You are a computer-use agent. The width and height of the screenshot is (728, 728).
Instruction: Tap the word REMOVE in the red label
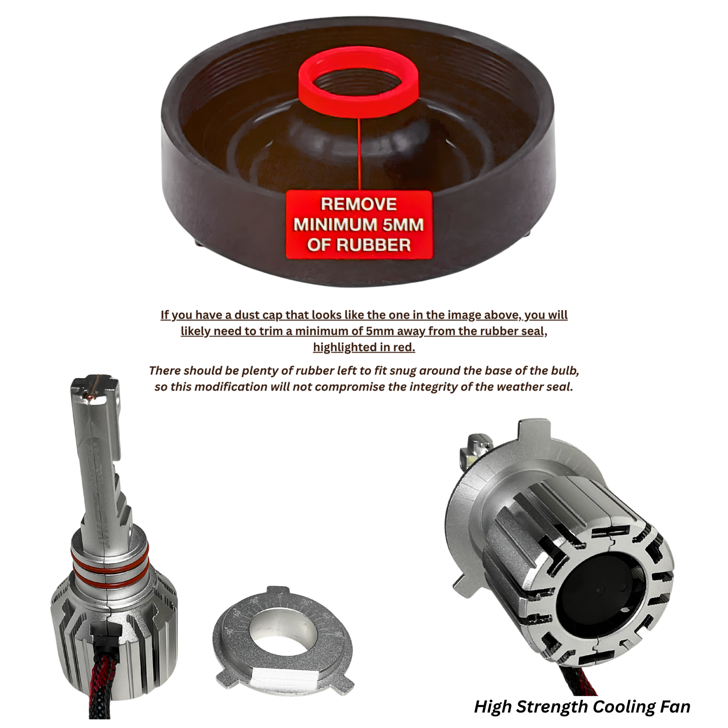pyautogui.click(x=359, y=204)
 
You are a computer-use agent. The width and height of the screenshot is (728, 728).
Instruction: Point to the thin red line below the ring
pyautogui.click(x=359, y=153)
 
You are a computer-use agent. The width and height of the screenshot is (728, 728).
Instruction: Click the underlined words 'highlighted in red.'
pyautogui.click(x=364, y=348)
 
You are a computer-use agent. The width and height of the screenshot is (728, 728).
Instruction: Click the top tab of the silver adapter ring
pyautogui.click(x=273, y=591)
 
